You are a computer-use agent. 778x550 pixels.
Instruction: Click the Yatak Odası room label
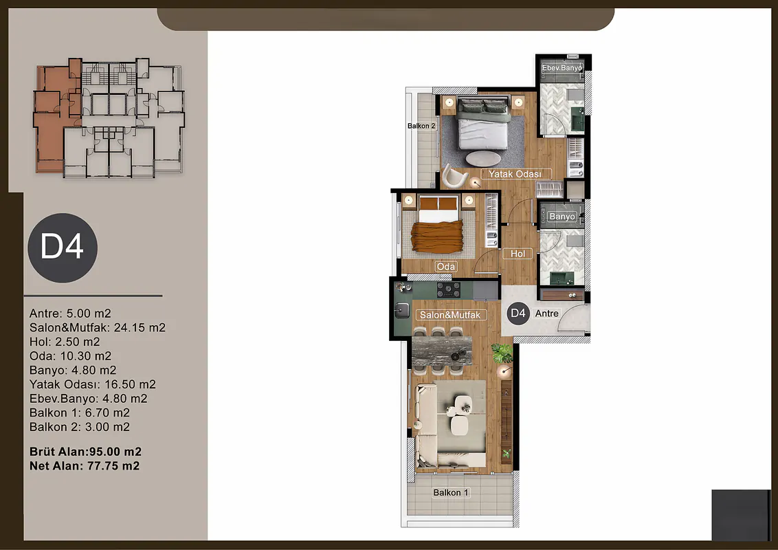515,174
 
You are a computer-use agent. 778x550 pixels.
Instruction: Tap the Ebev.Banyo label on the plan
562,68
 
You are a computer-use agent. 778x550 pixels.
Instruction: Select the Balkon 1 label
451,492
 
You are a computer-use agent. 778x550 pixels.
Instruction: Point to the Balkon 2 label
421,126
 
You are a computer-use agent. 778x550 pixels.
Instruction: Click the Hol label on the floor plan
518,254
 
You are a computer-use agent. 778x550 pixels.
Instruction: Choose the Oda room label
445,267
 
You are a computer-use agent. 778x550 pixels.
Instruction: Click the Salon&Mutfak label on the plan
451,315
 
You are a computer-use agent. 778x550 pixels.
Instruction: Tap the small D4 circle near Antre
518,313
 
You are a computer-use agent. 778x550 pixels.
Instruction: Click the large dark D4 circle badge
63,247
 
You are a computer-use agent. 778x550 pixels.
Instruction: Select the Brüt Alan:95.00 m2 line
85,452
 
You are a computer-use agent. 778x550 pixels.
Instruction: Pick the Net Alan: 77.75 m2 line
85,465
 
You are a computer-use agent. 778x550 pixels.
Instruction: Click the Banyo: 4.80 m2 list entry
73,371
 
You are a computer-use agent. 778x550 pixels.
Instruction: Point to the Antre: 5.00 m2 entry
70,313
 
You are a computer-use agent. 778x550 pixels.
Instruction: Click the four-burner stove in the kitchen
449,290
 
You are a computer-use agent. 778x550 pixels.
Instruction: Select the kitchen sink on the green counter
401,311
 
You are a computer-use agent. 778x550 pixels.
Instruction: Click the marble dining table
442,351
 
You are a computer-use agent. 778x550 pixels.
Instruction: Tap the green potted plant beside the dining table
502,353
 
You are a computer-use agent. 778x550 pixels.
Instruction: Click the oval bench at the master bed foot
483,158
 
